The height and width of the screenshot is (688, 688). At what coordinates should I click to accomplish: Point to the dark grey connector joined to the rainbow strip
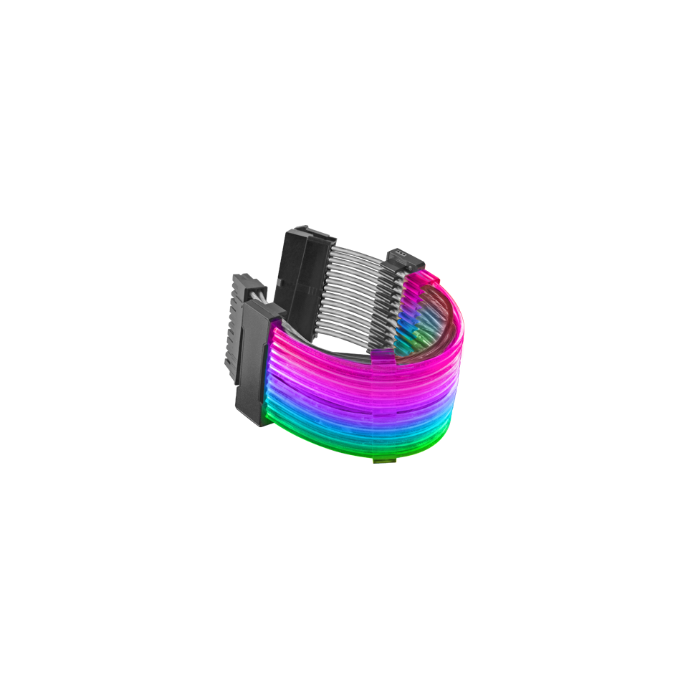pyautogui.click(x=255, y=358)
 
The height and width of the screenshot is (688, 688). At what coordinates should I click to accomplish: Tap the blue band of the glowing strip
pyautogui.click(x=344, y=416)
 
